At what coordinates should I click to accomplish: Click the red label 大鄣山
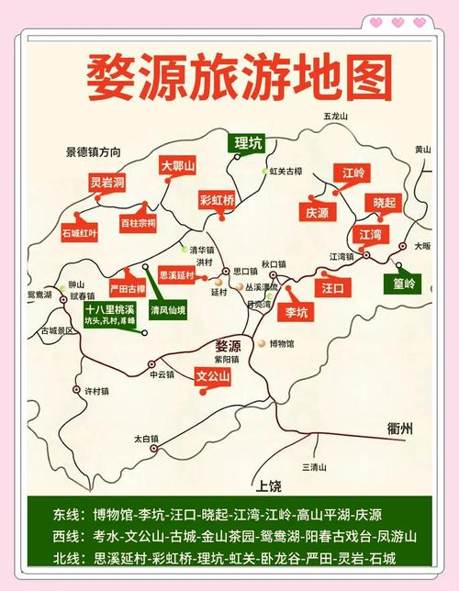click(x=178, y=166)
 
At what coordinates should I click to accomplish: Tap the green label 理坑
click(x=248, y=142)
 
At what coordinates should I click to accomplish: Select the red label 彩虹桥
click(x=217, y=199)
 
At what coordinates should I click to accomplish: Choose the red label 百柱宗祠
click(x=139, y=222)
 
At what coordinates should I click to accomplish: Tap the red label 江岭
click(x=353, y=173)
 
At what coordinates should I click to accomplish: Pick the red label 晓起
click(x=385, y=202)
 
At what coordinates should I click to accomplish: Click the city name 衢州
click(x=401, y=428)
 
